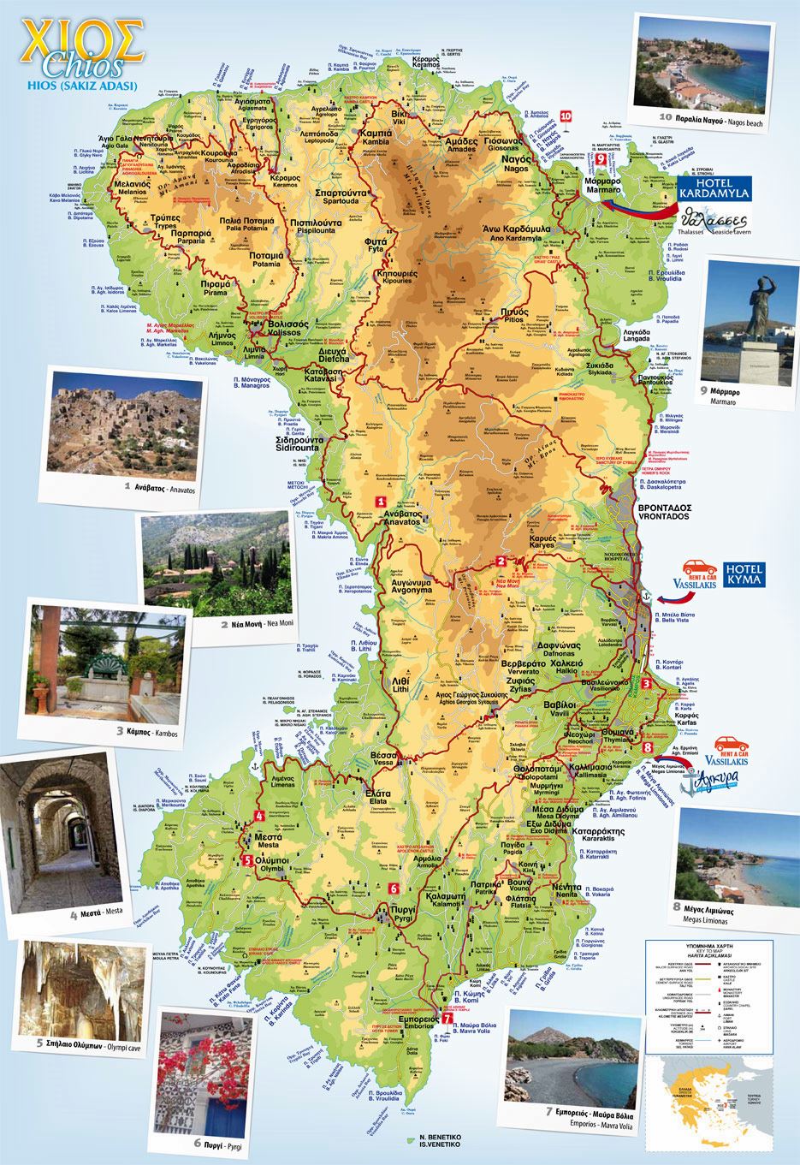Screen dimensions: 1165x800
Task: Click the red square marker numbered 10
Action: coord(565,115)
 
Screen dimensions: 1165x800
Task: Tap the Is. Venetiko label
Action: coord(439,1143)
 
